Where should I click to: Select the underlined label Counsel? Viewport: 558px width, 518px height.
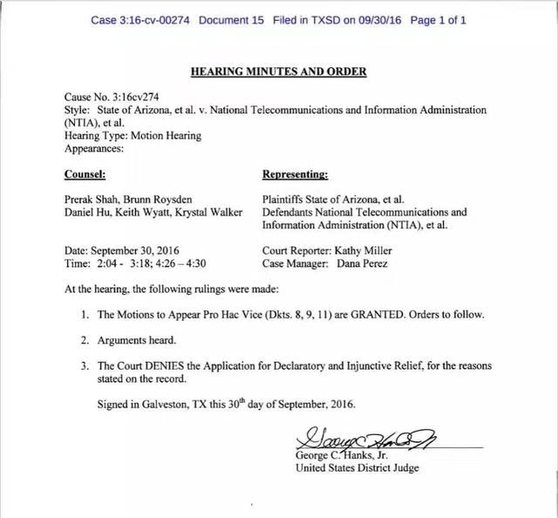[x=86, y=174]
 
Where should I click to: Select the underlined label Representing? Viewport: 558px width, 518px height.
[x=295, y=174]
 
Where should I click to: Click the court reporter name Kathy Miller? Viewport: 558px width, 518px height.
[x=363, y=250]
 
